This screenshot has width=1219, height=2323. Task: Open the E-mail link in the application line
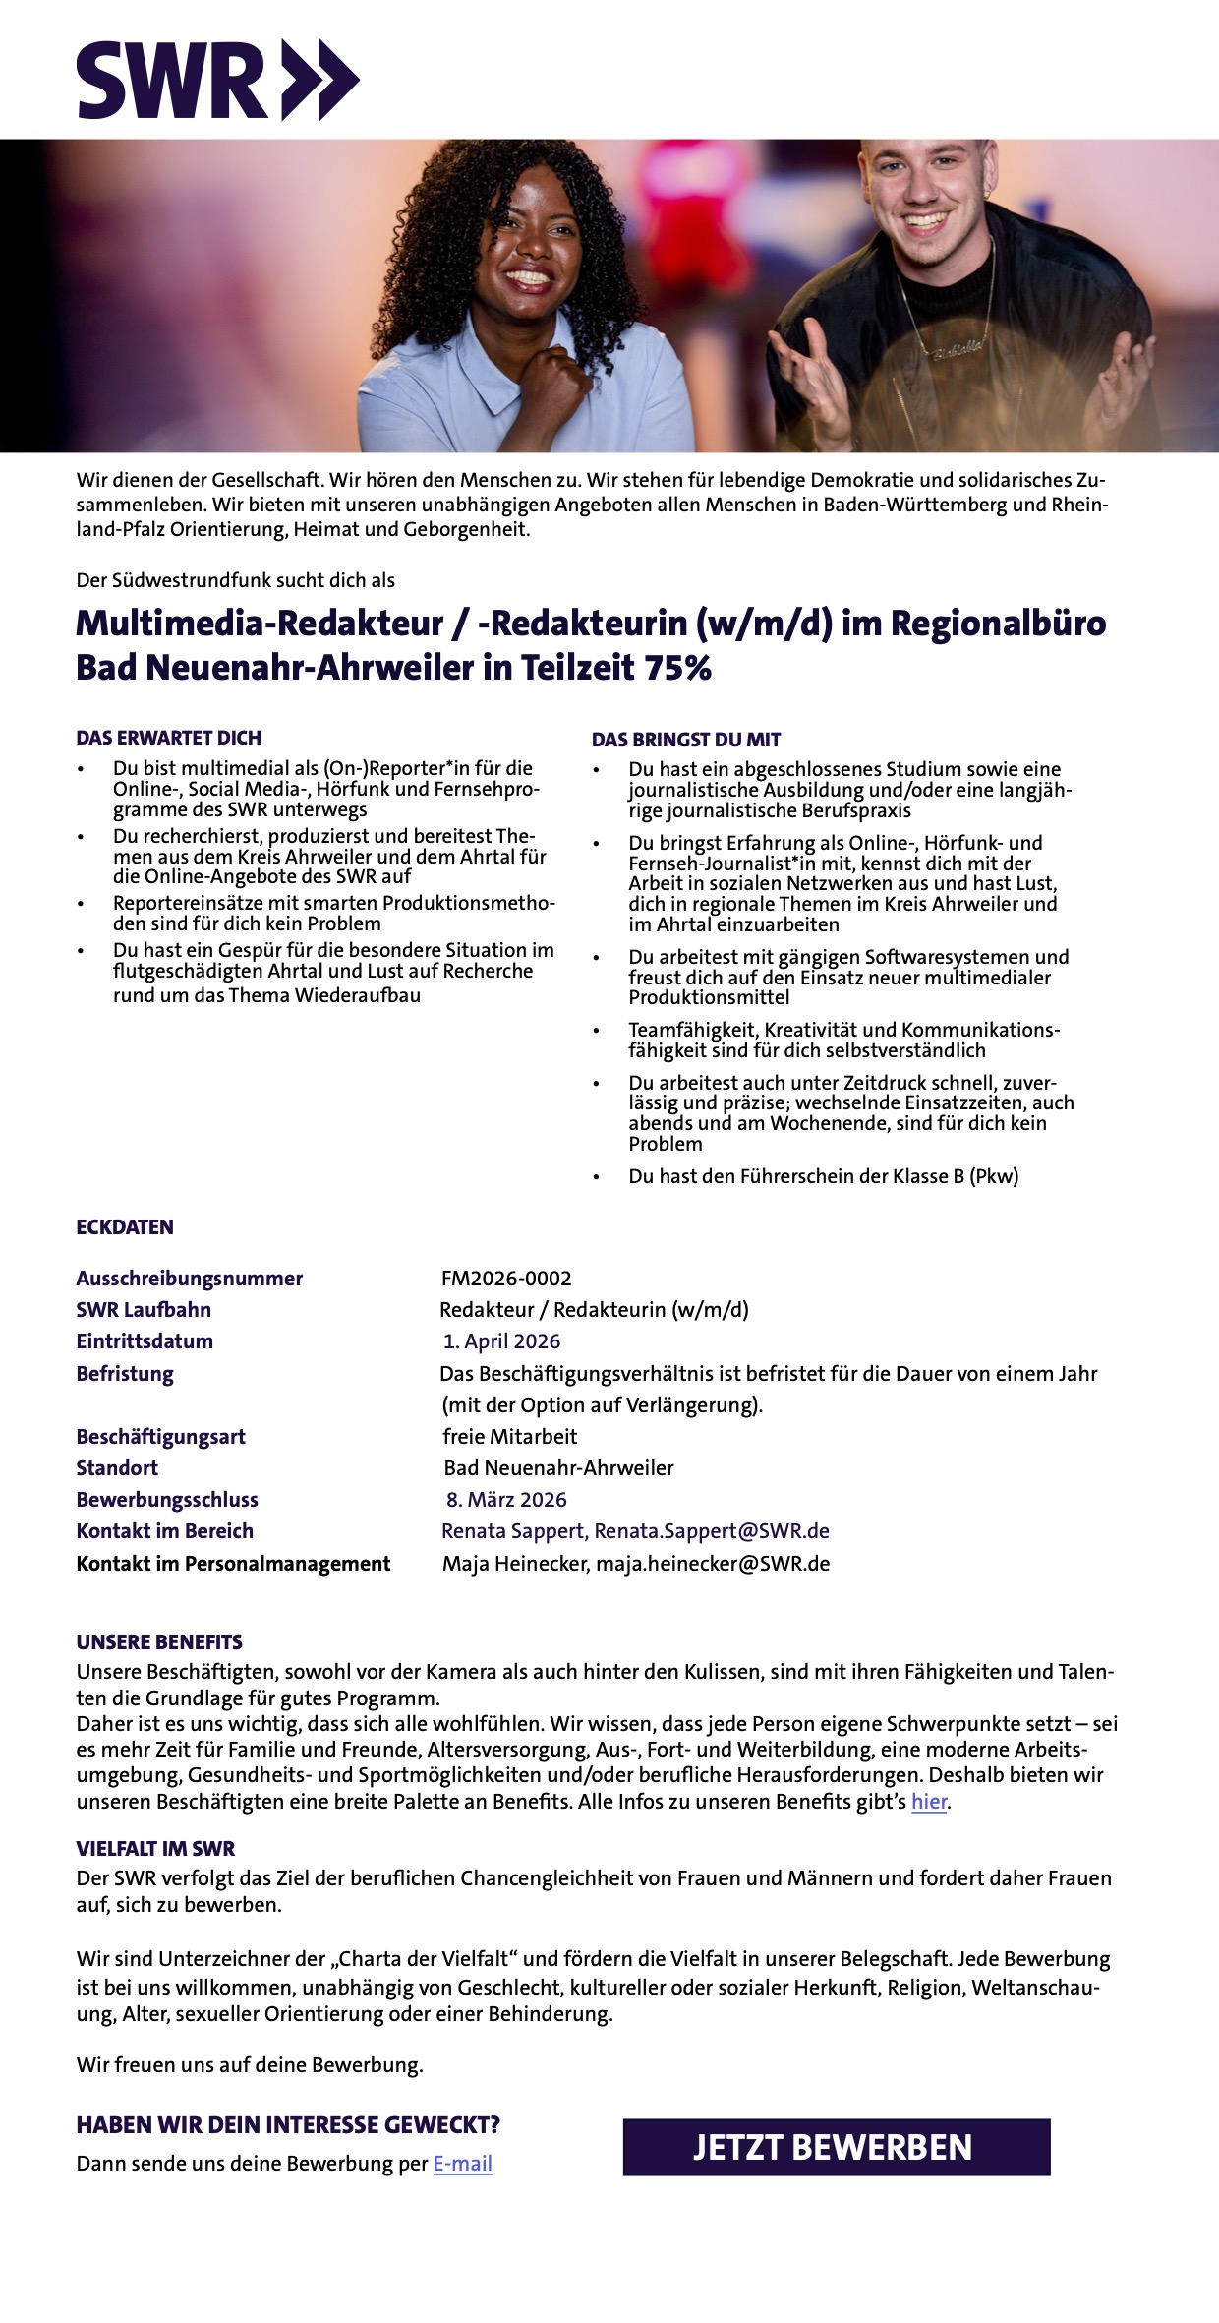click(462, 2163)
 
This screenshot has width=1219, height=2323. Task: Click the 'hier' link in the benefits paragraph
click(928, 1802)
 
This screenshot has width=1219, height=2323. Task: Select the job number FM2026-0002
click(506, 1278)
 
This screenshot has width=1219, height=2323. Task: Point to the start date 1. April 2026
click(501, 1340)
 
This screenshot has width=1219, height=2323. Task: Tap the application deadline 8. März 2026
click(506, 1499)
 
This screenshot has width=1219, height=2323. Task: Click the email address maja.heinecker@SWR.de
click(713, 1563)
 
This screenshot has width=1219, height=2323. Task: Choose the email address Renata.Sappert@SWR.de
click(712, 1530)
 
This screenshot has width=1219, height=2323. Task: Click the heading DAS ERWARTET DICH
click(169, 738)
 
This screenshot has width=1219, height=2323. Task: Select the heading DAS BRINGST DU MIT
click(686, 740)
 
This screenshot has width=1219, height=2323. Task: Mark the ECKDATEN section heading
click(125, 1226)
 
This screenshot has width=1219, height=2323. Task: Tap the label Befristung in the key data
click(125, 1373)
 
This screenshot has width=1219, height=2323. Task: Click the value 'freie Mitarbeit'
click(509, 1436)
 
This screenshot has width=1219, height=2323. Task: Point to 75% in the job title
click(677, 668)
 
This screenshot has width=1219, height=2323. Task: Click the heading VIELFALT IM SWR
click(155, 1848)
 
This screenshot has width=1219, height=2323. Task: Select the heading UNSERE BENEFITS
click(159, 1641)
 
